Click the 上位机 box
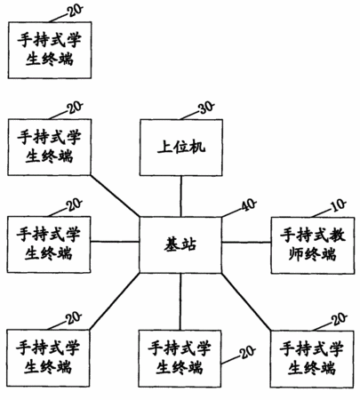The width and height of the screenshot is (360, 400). (181, 148)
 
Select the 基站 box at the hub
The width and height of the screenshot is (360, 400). (180, 244)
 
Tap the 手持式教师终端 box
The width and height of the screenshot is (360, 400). (313, 245)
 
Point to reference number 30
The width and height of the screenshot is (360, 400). (206, 108)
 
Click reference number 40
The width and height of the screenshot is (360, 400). (249, 205)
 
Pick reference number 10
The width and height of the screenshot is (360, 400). (339, 205)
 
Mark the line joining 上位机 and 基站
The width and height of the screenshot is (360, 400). (181, 196)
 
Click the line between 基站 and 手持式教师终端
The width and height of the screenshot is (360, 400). (246, 243)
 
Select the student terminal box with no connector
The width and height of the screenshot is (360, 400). (50, 50)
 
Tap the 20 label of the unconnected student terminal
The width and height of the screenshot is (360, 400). (75, 11)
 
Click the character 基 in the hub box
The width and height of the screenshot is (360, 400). (172, 244)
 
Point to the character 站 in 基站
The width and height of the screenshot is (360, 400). (188, 244)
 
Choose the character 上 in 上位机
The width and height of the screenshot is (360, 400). (164, 147)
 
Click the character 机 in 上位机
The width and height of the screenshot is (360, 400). (197, 147)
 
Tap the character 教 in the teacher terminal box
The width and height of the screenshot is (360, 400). (337, 235)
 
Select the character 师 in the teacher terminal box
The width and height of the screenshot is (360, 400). (296, 254)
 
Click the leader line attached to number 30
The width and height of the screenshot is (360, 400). (189, 116)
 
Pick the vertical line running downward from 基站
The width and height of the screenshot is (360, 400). (180, 301)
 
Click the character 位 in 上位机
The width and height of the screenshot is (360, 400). (181, 147)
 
